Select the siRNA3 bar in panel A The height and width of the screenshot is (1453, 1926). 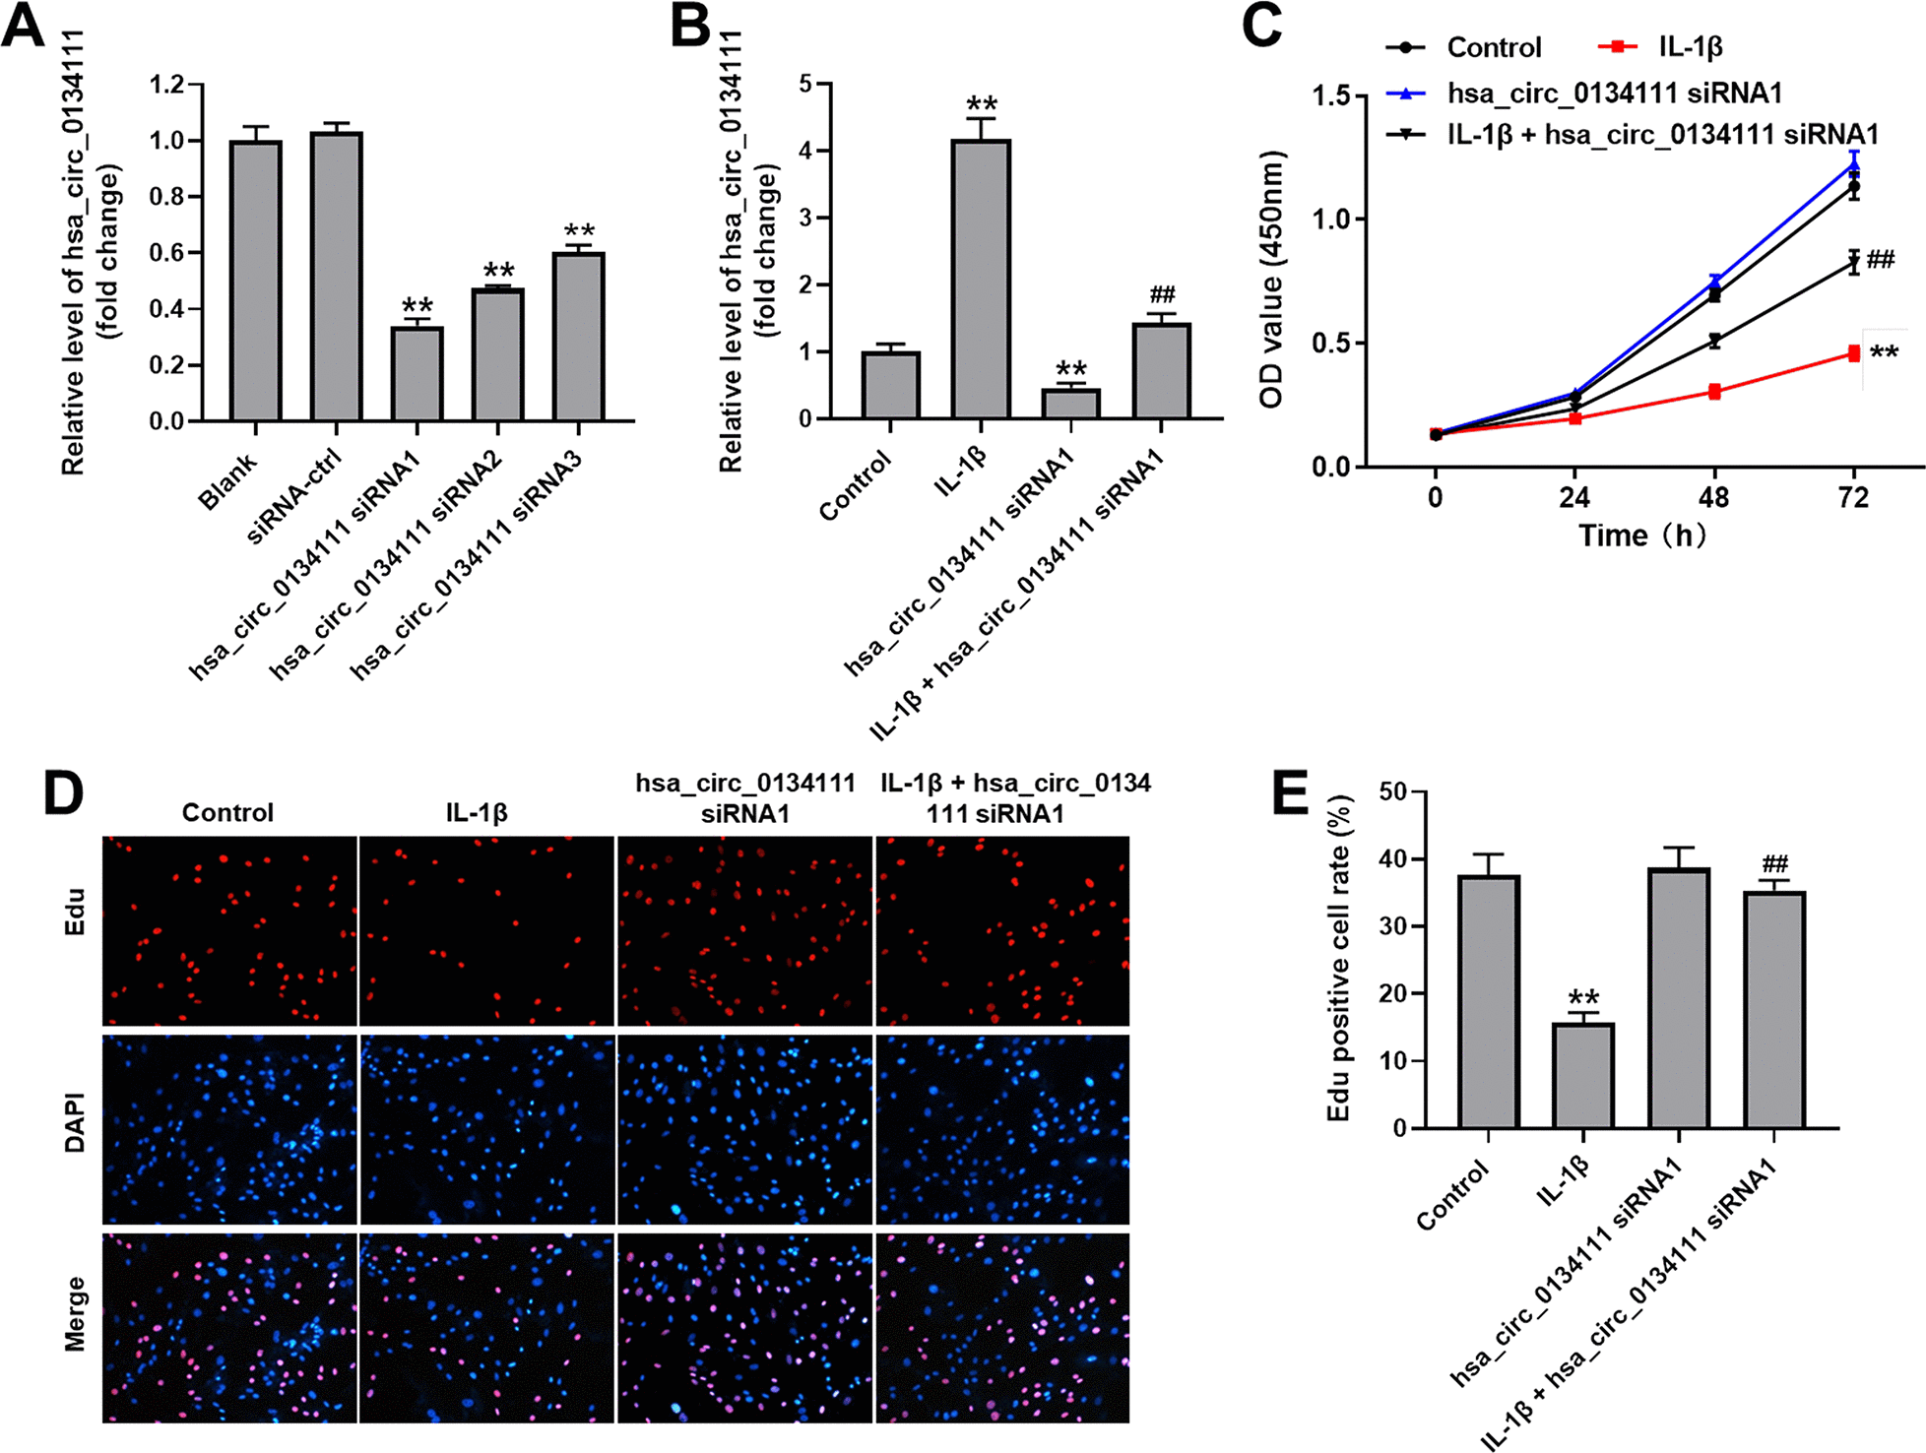pyautogui.click(x=578, y=337)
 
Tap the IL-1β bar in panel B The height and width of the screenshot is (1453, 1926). pyautogui.click(x=981, y=280)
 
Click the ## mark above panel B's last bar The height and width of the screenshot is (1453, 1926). pyautogui.click(x=1162, y=294)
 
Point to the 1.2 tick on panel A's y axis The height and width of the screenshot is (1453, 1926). pyautogui.click(x=167, y=85)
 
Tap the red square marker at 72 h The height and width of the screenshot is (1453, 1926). pyautogui.click(x=1854, y=353)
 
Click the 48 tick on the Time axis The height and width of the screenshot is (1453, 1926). pyautogui.click(x=1714, y=497)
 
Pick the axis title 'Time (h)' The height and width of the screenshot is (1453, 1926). pyautogui.click(x=1641, y=536)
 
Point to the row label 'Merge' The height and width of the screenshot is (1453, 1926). pyautogui.click(x=75, y=1313)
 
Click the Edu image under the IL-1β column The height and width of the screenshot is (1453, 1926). pyautogui.click(x=486, y=931)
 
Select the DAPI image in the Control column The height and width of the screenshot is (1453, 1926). pyautogui.click(x=229, y=1128)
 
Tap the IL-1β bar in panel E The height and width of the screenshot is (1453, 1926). pyautogui.click(x=1583, y=1075)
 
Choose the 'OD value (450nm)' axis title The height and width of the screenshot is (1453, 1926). pyautogui.click(x=1272, y=281)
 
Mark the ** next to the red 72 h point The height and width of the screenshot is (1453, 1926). pyautogui.click(x=1884, y=353)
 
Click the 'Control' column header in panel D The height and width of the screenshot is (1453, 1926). pyautogui.click(x=227, y=813)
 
